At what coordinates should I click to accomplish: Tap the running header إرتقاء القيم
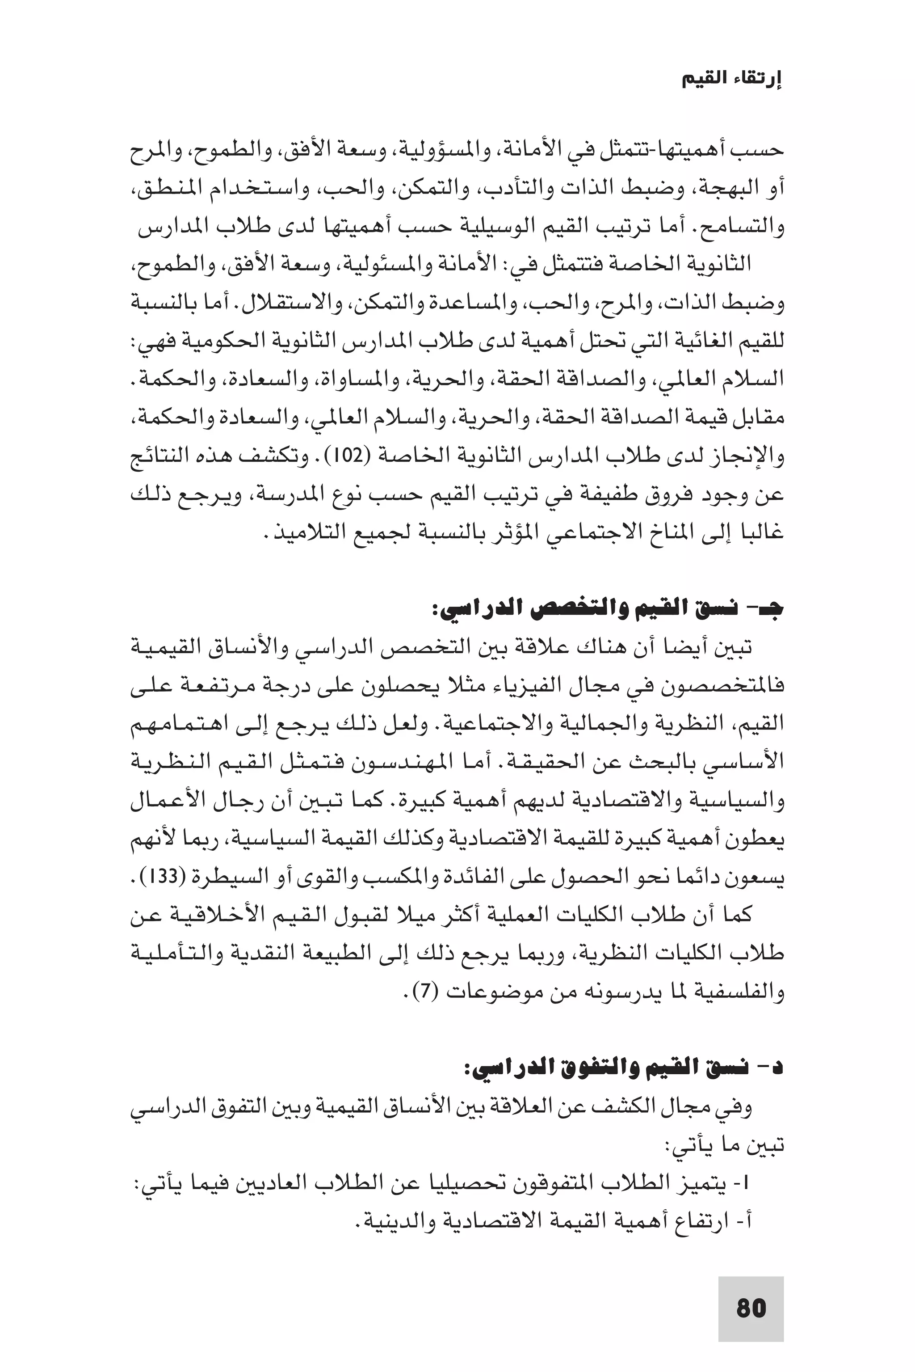732,80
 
